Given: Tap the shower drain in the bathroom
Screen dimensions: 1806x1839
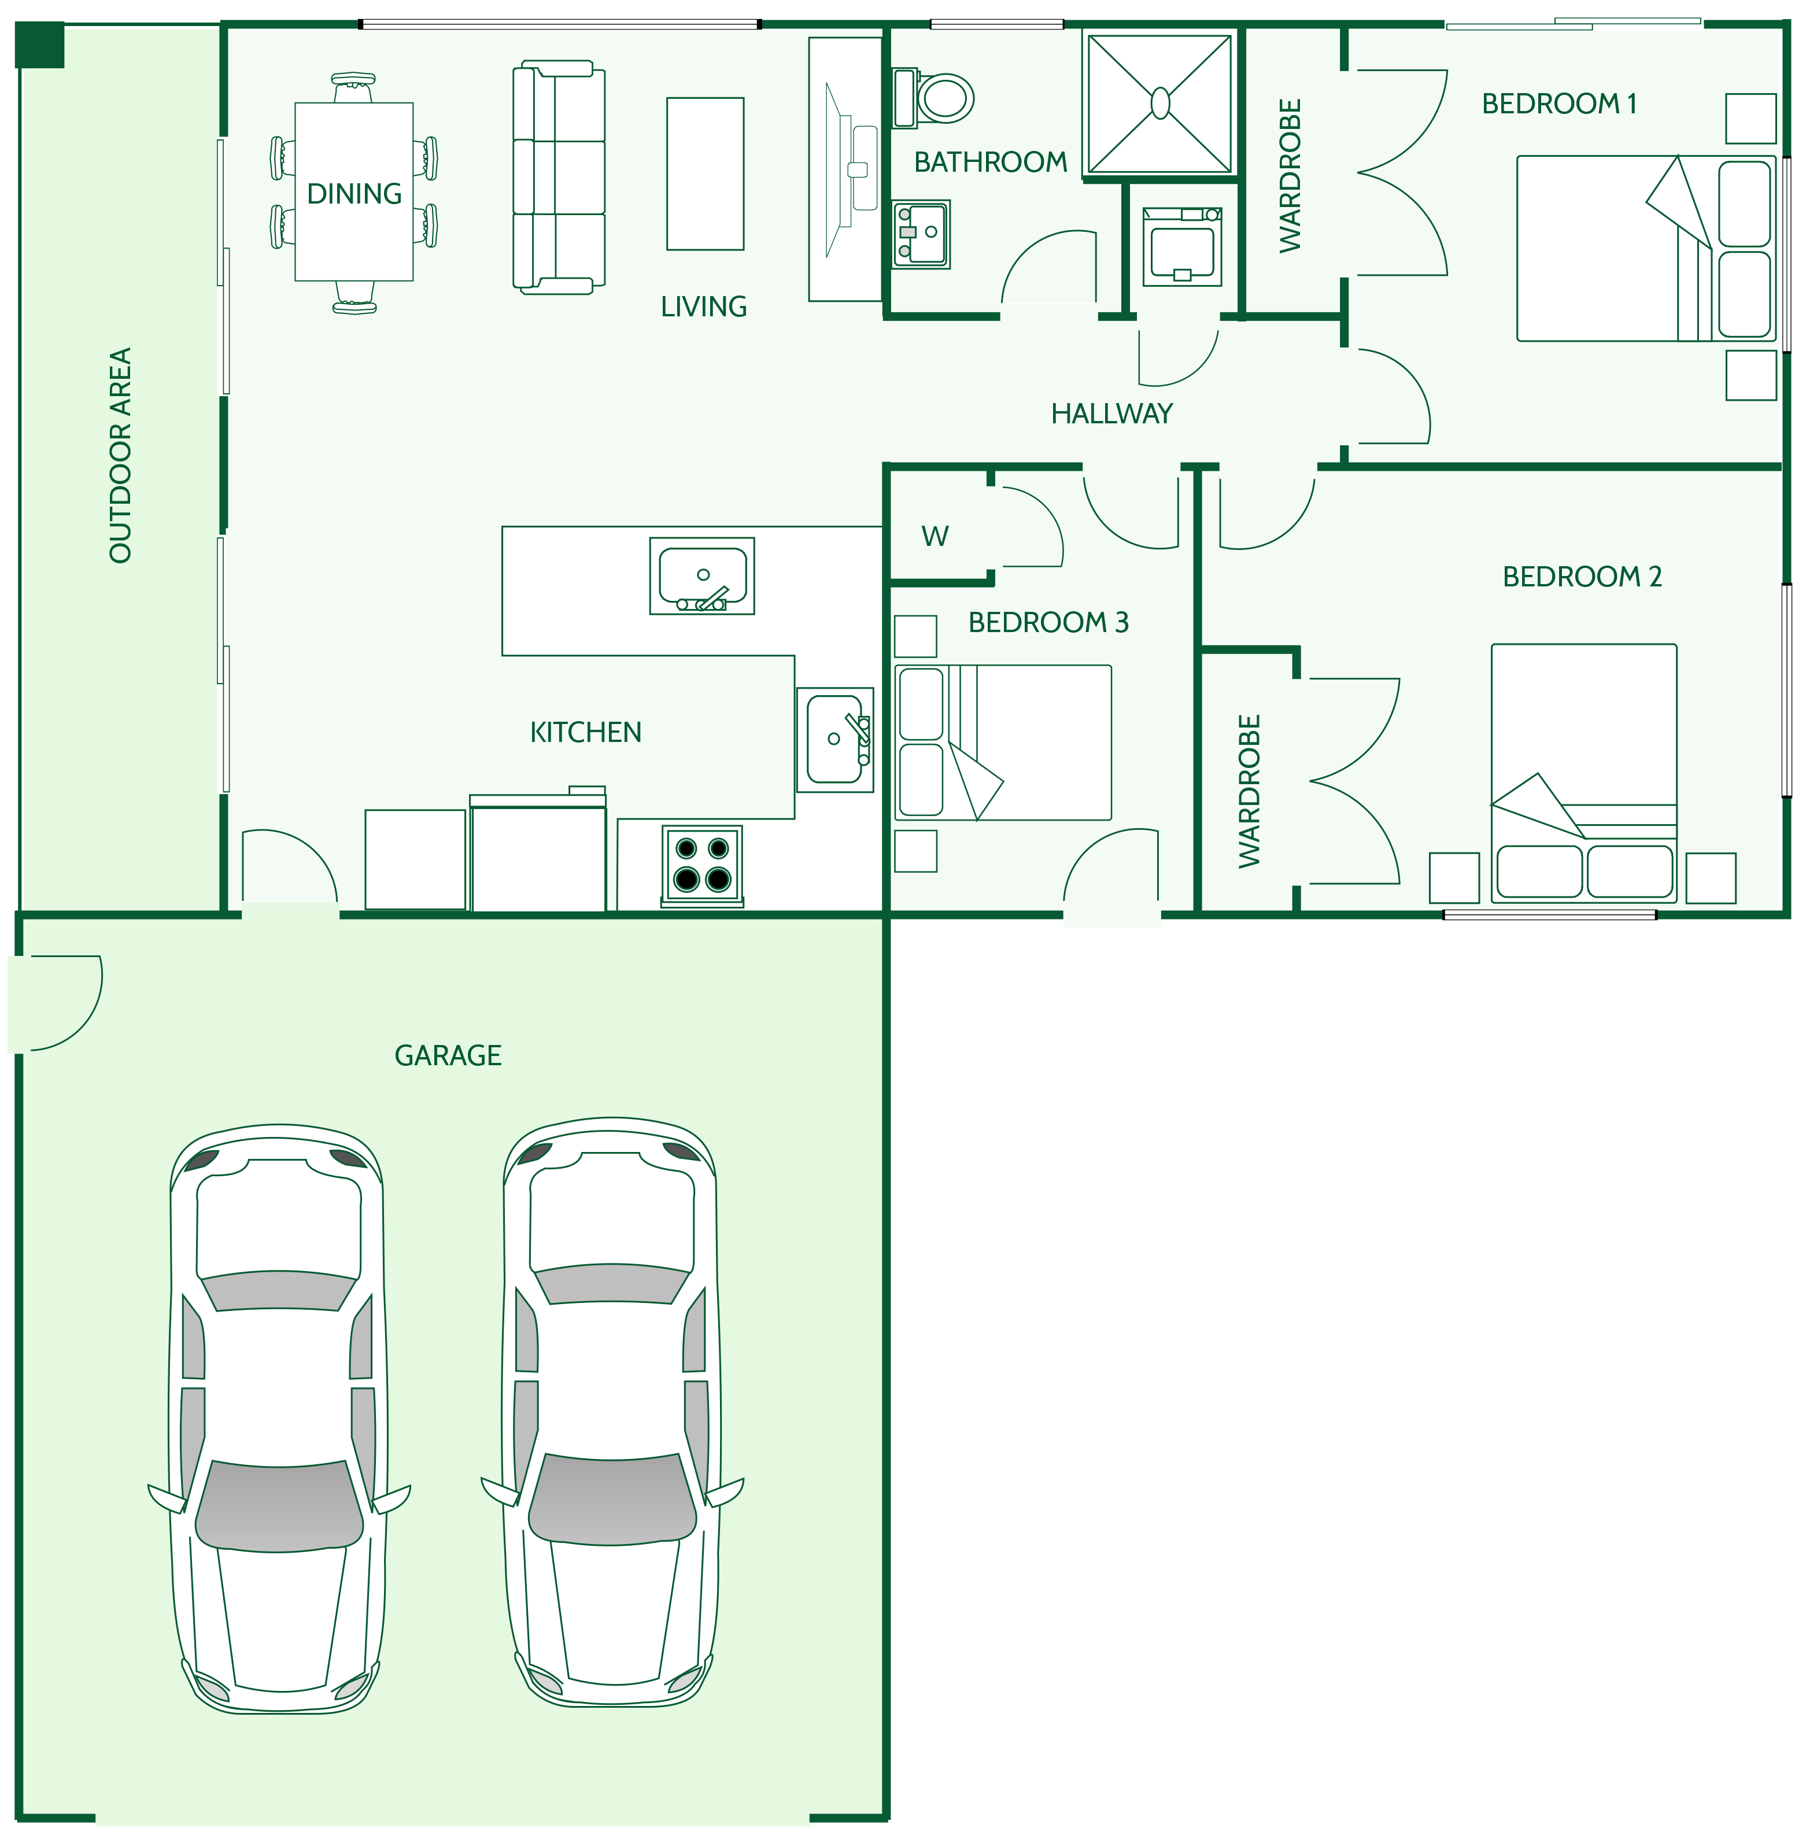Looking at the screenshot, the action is click(1160, 104).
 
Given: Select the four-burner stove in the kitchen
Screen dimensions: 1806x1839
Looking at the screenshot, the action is click(702, 866).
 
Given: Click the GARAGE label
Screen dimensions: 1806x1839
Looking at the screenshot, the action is click(448, 1055).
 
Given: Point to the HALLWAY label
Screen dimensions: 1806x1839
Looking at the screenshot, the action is click(1111, 413).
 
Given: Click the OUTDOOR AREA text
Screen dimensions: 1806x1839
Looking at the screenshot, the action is click(120, 455).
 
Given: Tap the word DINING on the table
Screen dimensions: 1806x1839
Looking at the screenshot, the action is click(354, 194).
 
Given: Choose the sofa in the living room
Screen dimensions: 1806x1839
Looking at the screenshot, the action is click(559, 178).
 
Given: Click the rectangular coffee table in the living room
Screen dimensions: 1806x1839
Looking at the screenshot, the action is click(705, 173).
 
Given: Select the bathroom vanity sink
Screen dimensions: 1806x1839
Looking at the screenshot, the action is click(921, 233).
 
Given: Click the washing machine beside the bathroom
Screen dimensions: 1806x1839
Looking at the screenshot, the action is click(1182, 246).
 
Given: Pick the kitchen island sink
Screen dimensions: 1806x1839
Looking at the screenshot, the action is click(702, 575).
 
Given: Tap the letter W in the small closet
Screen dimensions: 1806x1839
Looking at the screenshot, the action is click(935, 537).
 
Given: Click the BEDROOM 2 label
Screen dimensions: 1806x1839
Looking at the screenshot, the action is click(1582, 577).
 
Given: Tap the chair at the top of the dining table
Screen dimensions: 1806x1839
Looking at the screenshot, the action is click(354, 87).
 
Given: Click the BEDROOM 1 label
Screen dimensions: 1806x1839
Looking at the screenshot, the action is click(1560, 104).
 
